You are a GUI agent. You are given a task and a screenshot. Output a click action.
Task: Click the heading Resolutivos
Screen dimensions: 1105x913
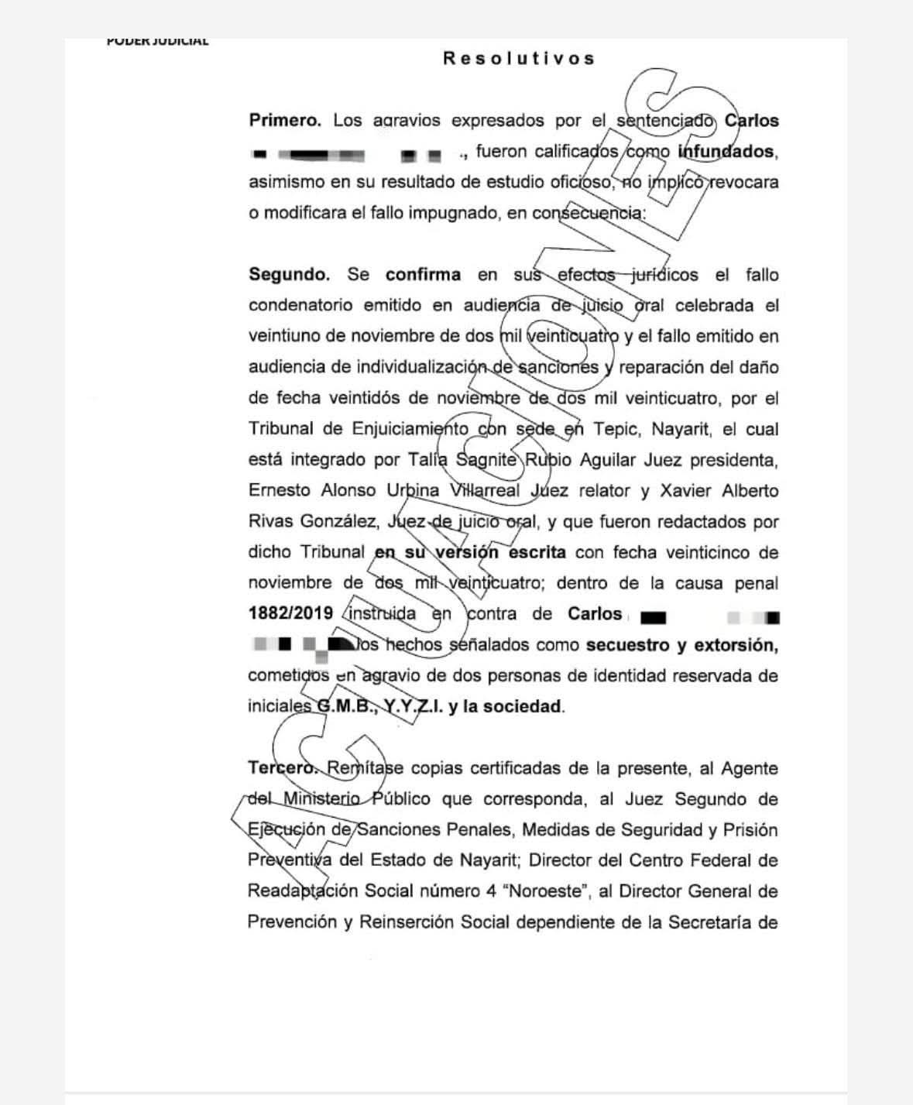pyautogui.click(x=519, y=59)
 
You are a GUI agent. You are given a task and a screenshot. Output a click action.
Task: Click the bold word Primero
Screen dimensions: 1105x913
pyautogui.click(x=284, y=121)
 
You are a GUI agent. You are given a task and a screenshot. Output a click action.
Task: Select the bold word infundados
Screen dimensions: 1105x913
pyautogui.click(x=727, y=152)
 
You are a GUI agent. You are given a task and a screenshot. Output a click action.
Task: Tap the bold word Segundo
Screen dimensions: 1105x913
pyautogui.click(x=289, y=275)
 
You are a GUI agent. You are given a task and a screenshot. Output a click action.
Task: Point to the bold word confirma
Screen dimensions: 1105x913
pyautogui.click(x=423, y=275)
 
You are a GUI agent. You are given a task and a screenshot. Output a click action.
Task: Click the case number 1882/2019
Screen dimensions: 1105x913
pyautogui.click(x=290, y=614)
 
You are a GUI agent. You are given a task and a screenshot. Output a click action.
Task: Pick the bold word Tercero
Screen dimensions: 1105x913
pyautogui.click(x=283, y=769)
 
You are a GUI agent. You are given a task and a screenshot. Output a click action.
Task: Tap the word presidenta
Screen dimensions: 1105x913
pyautogui.click(x=733, y=460)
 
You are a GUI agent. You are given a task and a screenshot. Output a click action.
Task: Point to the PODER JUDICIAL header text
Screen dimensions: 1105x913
pyautogui.click(x=157, y=42)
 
